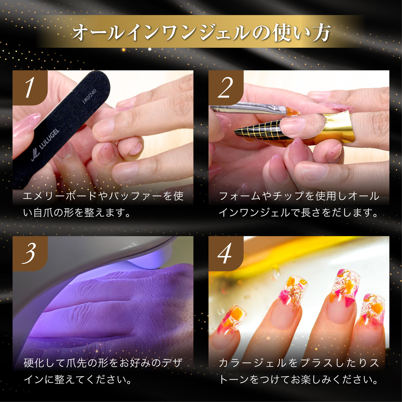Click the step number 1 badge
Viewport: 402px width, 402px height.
[x=30, y=88]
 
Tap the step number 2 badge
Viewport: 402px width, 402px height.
[x=226, y=88]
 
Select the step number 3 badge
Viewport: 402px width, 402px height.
[x=30, y=254]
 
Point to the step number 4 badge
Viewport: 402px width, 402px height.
[x=226, y=254]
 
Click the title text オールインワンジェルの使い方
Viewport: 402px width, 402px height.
[x=201, y=32]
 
